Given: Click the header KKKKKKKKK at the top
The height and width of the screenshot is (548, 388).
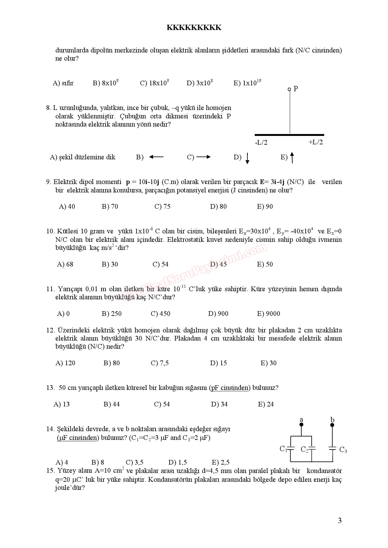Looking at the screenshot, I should click(x=194, y=27).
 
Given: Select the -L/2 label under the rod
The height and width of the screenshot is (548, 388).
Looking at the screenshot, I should click(x=261, y=142).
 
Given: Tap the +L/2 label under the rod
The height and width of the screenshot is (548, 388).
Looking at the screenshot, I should click(x=315, y=142).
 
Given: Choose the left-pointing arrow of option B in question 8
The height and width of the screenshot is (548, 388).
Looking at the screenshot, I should click(x=156, y=157).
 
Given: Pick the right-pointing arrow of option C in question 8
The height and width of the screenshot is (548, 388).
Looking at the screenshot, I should click(x=203, y=157).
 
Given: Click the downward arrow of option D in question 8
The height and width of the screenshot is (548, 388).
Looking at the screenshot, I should click(x=247, y=158).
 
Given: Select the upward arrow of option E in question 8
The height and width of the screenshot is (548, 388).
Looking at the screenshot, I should click(x=292, y=157).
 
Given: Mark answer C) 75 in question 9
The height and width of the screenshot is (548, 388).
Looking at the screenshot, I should click(x=162, y=207).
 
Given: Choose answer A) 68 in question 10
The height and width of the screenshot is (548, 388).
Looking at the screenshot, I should click(x=65, y=264).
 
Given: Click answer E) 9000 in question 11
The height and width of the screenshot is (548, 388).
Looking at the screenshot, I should click(x=268, y=314).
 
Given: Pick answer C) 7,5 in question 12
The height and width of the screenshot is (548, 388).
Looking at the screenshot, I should click(x=160, y=363).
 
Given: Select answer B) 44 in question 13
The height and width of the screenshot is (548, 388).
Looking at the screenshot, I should click(x=112, y=404).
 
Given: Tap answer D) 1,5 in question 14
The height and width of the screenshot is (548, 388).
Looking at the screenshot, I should click(x=177, y=462).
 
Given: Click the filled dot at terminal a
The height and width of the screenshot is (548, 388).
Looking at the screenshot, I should click(x=301, y=425).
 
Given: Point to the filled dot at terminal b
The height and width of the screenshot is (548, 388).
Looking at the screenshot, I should click(x=332, y=425).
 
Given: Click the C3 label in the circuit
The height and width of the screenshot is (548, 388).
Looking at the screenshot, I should click(x=343, y=450).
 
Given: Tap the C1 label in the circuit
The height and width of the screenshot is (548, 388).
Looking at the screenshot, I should click(x=283, y=449).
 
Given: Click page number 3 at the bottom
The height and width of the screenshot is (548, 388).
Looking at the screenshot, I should click(x=339, y=521).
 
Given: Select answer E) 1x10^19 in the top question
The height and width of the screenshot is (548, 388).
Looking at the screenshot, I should click(x=247, y=83).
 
